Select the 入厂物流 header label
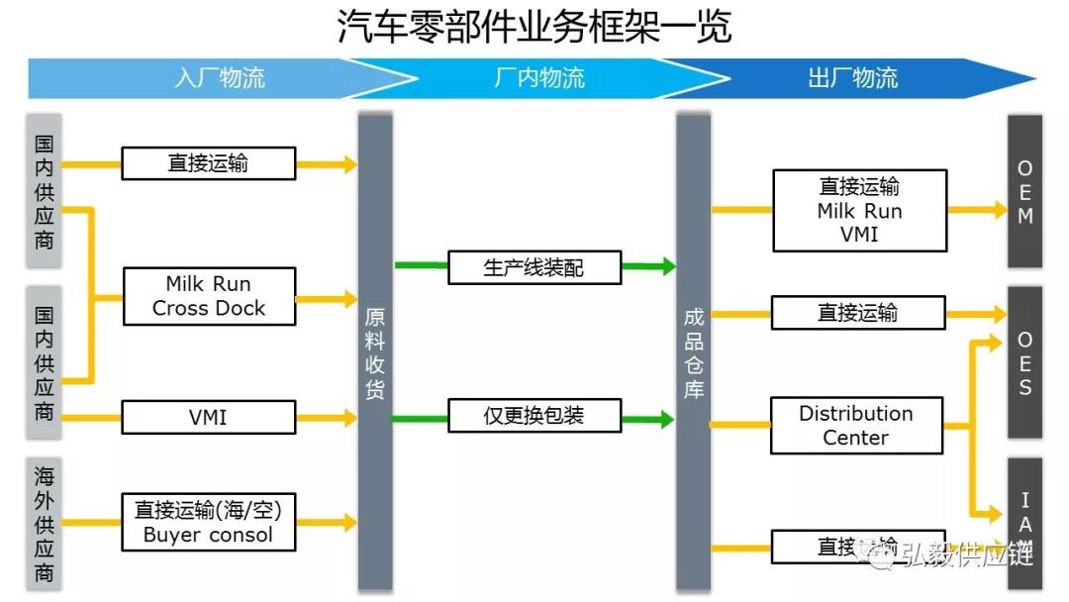220,78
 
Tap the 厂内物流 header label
538,78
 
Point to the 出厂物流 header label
852,78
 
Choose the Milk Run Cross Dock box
209,296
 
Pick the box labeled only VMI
209,418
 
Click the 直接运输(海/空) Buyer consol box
209,523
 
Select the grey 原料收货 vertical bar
375,351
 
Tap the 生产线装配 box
534,266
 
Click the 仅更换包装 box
534,416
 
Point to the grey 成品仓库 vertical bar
694,351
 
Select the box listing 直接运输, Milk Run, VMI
859,210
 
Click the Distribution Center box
856,426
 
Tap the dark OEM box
1024,191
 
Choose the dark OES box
1024,362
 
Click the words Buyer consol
208,536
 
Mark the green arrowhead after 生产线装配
668,266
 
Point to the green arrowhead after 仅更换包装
668,420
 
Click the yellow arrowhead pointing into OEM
1000,210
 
